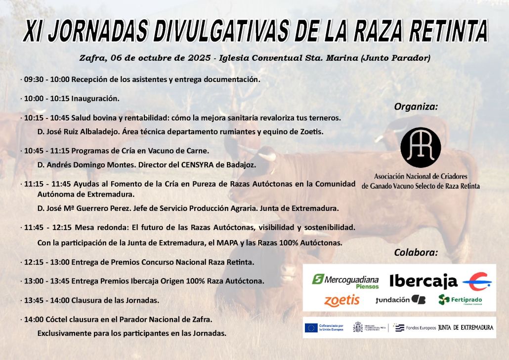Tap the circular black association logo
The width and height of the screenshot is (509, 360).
[421, 147]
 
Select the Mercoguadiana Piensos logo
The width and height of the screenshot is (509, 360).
[345, 281]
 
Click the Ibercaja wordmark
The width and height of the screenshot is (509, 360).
[424, 281]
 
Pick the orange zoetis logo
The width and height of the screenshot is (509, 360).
[341, 300]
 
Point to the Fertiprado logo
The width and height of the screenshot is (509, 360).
[460, 300]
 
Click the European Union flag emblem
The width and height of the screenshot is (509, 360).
[311, 327]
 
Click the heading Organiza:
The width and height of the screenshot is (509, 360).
[416, 107]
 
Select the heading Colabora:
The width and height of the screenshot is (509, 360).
[416, 252]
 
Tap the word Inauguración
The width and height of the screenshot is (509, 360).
[95, 98]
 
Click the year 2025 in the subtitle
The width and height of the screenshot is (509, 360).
[199, 58]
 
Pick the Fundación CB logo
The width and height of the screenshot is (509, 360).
[400, 300]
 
